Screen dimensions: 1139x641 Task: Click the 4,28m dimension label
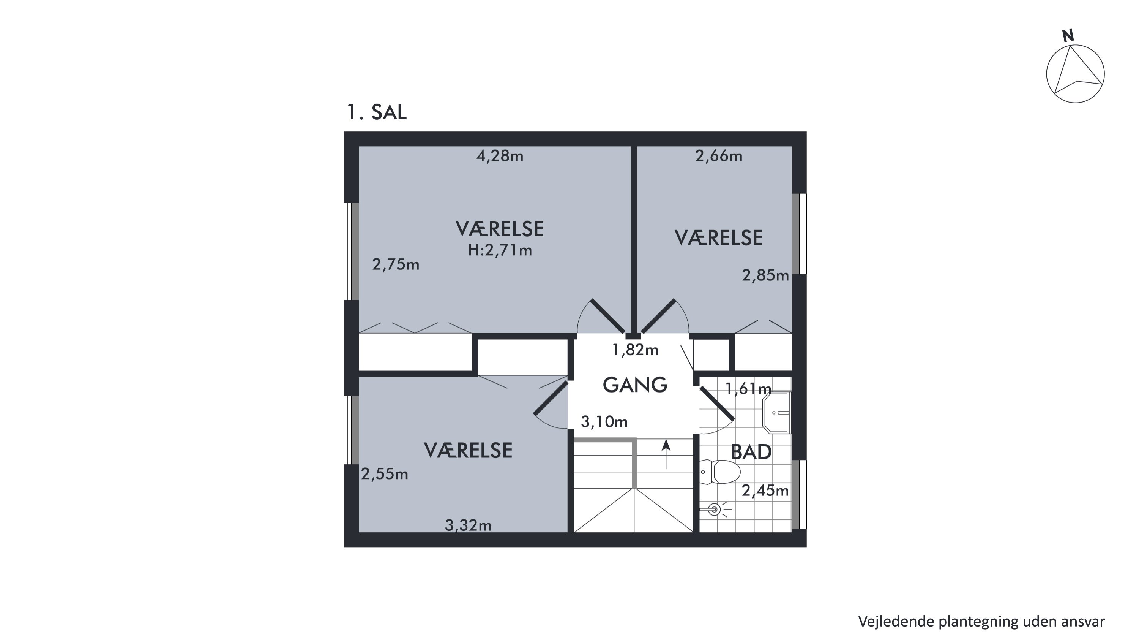click(x=500, y=156)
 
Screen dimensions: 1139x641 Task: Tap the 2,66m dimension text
click(x=718, y=156)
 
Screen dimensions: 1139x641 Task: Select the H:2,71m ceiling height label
click(x=500, y=250)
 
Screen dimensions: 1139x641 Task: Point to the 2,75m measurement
click(x=396, y=264)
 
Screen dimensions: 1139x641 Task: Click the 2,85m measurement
click(x=765, y=275)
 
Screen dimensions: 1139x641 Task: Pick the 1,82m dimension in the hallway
click(x=636, y=350)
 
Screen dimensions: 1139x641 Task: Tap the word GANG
click(x=635, y=385)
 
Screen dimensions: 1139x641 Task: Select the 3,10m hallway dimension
click(x=604, y=422)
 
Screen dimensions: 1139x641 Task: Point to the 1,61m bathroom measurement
click(x=748, y=389)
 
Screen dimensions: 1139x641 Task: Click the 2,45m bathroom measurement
click(x=765, y=491)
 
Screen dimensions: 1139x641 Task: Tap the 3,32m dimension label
click(x=468, y=525)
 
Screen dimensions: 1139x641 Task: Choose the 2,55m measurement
click(x=385, y=474)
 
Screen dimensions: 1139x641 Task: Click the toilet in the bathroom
click(x=720, y=472)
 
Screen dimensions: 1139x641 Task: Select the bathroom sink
click(x=776, y=413)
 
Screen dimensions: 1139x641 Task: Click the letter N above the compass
click(x=1068, y=36)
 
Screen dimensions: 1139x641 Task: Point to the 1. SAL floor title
click(x=377, y=112)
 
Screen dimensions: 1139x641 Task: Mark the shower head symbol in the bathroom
click(x=715, y=510)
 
